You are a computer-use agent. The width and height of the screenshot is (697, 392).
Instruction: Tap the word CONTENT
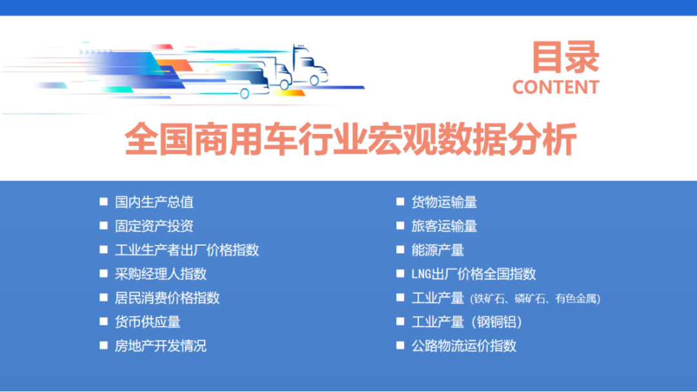pos(556,87)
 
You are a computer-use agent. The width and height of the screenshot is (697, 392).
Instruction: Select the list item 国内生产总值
pos(154,202)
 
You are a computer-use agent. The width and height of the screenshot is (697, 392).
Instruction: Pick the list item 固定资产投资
pos(154,226)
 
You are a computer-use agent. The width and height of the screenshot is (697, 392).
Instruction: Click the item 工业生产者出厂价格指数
pos(187,250)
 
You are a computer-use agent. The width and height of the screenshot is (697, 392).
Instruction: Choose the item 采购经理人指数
pos(161,274)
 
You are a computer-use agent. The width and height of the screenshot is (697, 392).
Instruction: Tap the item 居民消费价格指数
pos(167,298)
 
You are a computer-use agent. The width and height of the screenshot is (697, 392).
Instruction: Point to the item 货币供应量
pos(148,322)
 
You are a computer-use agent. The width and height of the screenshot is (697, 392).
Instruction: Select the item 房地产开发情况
pos(161,346)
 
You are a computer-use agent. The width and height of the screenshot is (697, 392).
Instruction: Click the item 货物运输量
pos(445,202)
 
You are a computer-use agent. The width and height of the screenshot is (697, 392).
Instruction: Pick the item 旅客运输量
pos(445,226)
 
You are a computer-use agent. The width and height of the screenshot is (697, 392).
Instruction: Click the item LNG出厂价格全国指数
pos(474,274)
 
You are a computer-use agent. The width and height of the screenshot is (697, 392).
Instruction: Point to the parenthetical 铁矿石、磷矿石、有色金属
pos(536,299)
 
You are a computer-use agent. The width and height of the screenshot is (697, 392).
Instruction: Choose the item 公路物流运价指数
pos(464,346)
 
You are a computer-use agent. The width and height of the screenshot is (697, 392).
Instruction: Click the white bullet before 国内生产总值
pos(103,202)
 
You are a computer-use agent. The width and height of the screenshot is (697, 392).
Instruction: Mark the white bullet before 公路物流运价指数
pos(400,346)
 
